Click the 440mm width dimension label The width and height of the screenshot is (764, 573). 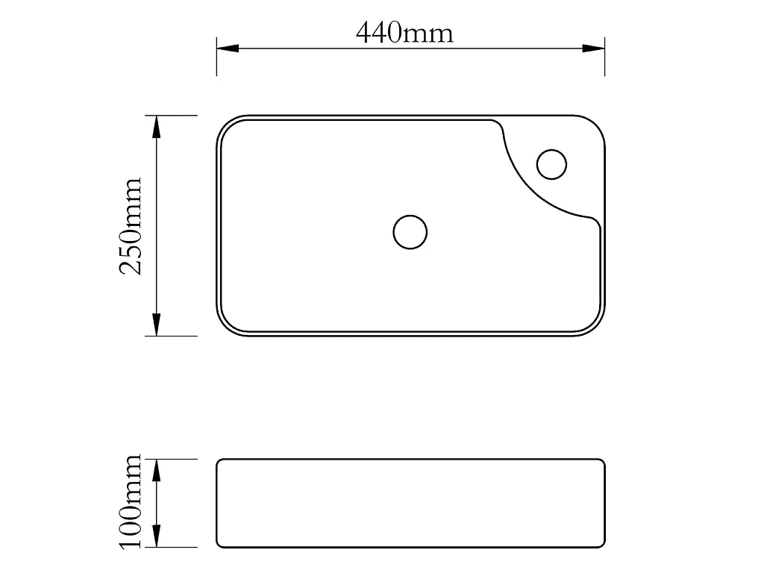pyautogui.click(x=404, y=33)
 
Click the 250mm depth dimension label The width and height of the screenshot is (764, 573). pyautogui.click(x=131, y=226)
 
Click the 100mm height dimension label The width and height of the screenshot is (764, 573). pyautogui.click(x=131, y=501)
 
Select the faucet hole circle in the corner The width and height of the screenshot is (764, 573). pyautogui.click(x=552, y=164)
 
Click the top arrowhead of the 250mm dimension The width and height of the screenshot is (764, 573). pyautogui.click(x=156, y=127)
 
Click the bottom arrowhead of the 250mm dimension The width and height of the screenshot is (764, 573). pyautogui.click(x=156, y=325)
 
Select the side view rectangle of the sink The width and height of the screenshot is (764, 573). pyautogui.click(x=410, y=503)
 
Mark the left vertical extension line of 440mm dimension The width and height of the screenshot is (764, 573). pyautogui.click(x=216, y=56)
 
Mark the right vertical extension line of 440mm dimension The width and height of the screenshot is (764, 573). pyautogui.click(x=604, y=56)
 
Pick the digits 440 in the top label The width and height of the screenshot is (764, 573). pyautogui.click(x=379, y=33)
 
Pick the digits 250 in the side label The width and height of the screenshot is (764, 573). pyautogui.click(x=131, y=250)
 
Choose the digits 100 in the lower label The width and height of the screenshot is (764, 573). pyautogui.click(x=131, y=526)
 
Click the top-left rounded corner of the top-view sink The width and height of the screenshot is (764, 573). pyautogui.click(x=226, y=125)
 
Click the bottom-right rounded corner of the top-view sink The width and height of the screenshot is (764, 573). pyautogui.click(x=595, y=326)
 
